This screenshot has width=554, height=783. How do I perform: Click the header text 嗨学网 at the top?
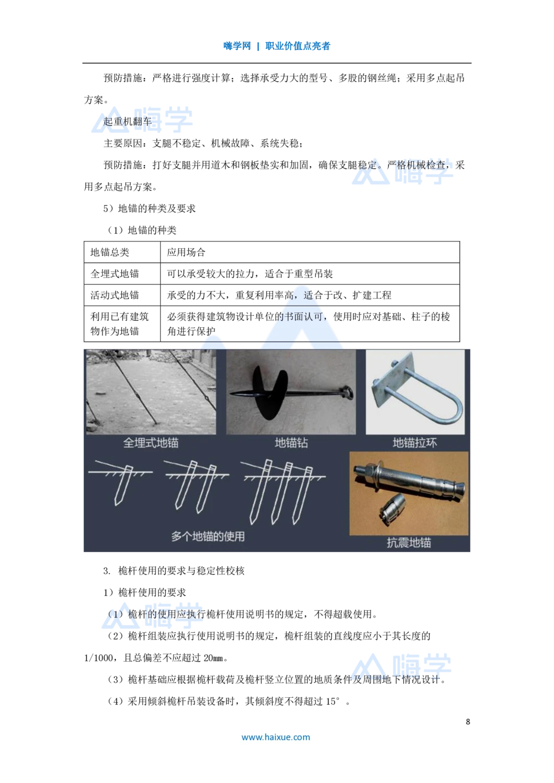click(237, 46)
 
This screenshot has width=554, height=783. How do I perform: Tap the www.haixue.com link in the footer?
click(275, 737)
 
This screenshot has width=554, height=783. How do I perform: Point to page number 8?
click(468, 722)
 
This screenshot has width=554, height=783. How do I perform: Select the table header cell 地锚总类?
click(110, 252)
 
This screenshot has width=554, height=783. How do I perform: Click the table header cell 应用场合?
click(186, 252)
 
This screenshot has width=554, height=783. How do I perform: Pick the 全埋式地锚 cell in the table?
click(115, 274)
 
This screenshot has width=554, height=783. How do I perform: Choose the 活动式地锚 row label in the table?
click(115, 295)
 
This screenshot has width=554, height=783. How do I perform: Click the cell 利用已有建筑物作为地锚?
click(120, 324)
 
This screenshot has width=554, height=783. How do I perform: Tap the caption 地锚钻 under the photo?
click(291, 443)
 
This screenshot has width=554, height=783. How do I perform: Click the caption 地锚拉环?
click(415, 443)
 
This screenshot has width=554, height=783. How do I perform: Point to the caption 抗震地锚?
click(409, 543)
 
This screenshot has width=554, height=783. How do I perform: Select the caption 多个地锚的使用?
click(208, 536)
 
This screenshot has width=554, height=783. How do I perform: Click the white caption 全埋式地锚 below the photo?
click(151, 443)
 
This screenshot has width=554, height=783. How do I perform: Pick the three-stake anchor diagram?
click(283, 491)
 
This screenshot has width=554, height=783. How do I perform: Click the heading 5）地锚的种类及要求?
click(150, 209)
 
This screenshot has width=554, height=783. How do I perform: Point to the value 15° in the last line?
click(333, 701)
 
